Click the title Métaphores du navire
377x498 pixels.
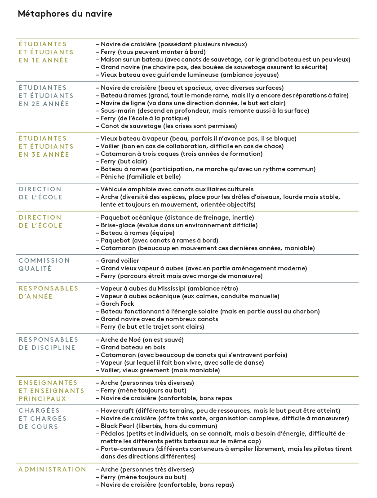(x=65, y=14)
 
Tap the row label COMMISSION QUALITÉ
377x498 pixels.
(x=44, y=264)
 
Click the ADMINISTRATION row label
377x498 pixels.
(x=52, y=469)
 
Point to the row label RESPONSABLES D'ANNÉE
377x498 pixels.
(x=49, y=292)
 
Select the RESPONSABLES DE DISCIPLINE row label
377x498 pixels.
(x=49, y=344)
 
